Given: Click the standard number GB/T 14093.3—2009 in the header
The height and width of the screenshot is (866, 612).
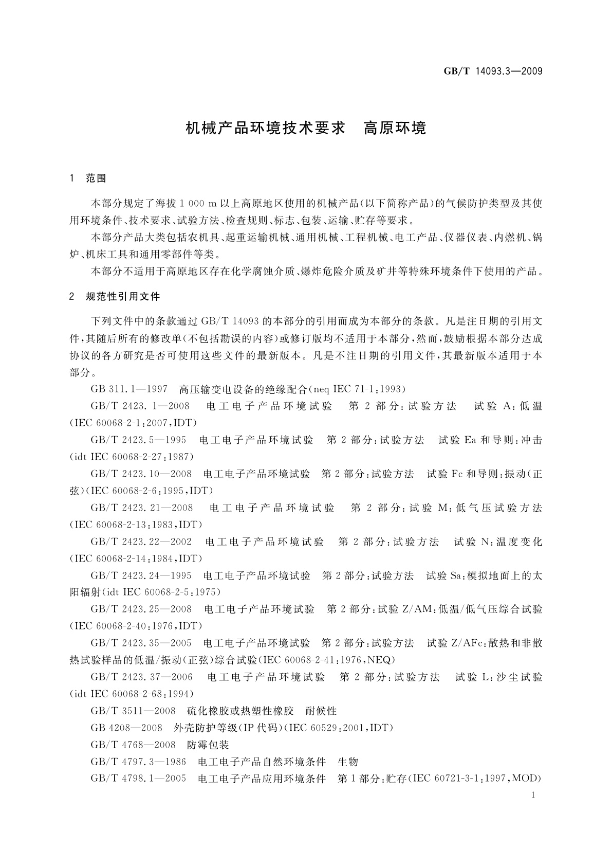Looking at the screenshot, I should [493, 71].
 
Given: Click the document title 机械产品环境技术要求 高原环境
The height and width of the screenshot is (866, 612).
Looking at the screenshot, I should [306, 128].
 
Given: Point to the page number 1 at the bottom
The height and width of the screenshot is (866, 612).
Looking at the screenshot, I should [533, 795].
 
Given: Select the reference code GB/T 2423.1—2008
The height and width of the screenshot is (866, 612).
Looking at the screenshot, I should [140, 406].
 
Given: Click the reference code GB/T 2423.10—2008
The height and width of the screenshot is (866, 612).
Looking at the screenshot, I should [141, 474].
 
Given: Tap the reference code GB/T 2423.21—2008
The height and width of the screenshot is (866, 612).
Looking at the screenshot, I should [142, 508].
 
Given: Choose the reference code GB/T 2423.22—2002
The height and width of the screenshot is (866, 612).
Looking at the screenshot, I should [141, 542].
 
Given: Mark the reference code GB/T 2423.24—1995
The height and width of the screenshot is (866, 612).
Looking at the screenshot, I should [141, 575].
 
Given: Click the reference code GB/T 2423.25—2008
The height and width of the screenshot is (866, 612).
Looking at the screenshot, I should [141, 609].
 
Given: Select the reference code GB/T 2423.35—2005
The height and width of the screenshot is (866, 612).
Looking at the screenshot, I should [141, 643].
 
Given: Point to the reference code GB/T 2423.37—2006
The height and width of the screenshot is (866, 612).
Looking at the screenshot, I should [142, 677].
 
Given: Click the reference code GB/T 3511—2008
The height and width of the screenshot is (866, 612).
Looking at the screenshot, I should [133, 711].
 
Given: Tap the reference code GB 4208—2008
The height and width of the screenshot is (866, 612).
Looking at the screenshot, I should [126, 728].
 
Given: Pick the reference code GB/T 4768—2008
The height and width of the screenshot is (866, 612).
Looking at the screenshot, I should [133, 745].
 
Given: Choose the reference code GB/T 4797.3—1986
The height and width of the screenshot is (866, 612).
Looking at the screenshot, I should [138, 762].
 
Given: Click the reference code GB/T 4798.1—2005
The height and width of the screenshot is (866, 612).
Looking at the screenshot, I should [138, 779].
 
